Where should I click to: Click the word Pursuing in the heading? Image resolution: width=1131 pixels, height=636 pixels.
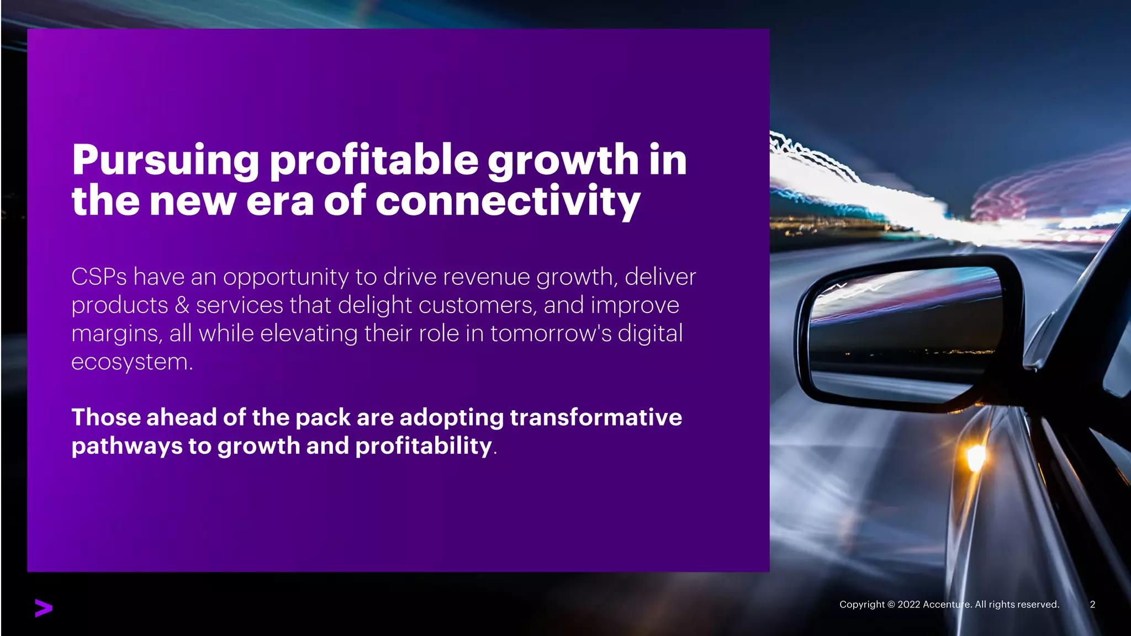[165, 161]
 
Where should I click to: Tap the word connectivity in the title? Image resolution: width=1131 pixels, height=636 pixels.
[508, 201]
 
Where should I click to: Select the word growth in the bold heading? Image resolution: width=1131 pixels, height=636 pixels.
[563, 161]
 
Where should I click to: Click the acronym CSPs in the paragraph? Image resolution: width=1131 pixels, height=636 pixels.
[99, 277]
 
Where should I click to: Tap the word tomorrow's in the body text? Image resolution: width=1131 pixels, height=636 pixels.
[551, 334]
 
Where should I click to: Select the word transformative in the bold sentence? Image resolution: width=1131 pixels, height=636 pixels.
[596, 417]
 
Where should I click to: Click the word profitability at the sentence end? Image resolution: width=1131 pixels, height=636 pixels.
[423, 446]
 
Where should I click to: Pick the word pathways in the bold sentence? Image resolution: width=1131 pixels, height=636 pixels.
[126, 446]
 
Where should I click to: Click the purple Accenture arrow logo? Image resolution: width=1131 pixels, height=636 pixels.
[44, 608]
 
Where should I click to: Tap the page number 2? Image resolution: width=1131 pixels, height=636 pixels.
[1092, 605]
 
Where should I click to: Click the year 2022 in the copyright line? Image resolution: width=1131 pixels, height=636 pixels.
[909, 605]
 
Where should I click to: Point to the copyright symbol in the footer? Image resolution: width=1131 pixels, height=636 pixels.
[891, 605]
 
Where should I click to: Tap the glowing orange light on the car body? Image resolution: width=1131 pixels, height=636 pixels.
[975, 457]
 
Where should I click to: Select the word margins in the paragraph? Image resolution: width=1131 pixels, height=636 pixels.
[116, 334]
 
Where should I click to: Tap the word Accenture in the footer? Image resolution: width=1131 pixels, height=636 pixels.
[947, 605]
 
